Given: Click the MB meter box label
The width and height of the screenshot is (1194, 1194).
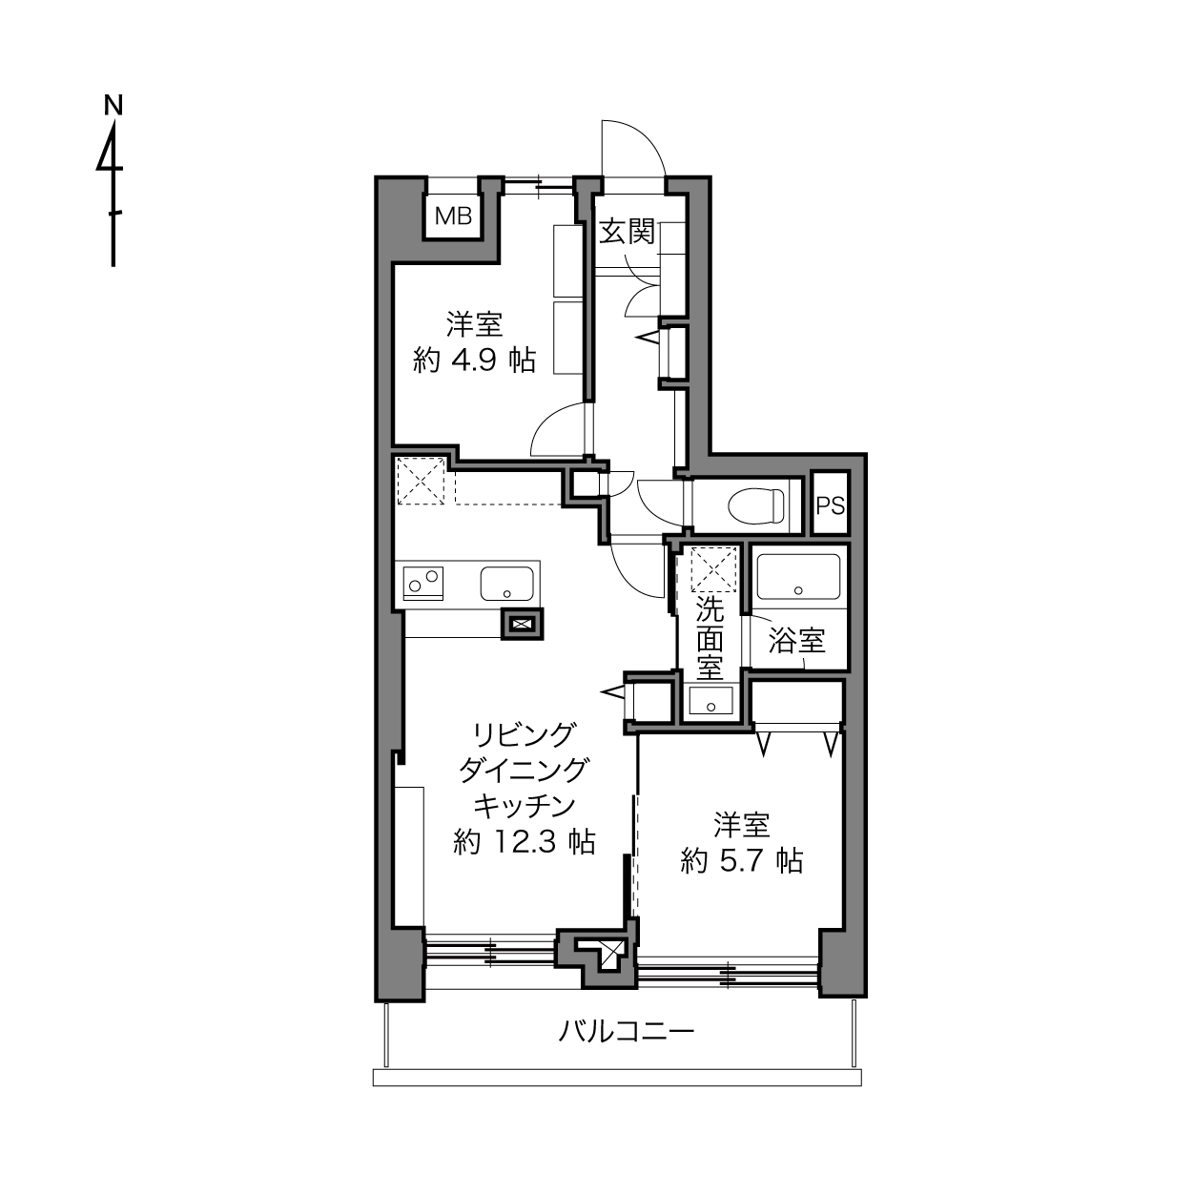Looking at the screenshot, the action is (454, 216).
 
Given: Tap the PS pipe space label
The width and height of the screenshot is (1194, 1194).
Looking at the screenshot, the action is (831, 506).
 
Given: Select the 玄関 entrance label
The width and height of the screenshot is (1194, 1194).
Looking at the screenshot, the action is (628, 233).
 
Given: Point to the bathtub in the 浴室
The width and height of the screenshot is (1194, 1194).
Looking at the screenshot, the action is (798, 577).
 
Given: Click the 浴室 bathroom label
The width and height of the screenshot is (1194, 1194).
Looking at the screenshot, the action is (796, 641).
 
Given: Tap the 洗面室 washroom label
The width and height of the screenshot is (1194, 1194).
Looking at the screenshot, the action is (710, 640).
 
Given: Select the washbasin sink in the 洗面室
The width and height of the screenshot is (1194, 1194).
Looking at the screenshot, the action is (710, 701).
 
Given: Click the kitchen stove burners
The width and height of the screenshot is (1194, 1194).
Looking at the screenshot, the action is (423, 583).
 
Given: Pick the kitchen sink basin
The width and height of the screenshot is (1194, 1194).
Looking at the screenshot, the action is (506, 583).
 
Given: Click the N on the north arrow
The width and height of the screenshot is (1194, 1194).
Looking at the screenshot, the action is (113, 105).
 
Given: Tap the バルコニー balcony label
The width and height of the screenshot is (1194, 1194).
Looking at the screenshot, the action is (627, 1032).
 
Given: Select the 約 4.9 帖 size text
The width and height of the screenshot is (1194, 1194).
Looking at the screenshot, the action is (474, 360).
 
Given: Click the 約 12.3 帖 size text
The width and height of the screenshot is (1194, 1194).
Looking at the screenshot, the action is (525, 842).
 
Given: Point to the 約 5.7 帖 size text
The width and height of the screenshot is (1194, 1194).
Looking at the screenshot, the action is (742, 860).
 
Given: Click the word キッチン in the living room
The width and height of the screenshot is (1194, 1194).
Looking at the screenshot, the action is (525, 806).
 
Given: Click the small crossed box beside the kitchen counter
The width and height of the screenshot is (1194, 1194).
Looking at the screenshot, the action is (522, 624).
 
